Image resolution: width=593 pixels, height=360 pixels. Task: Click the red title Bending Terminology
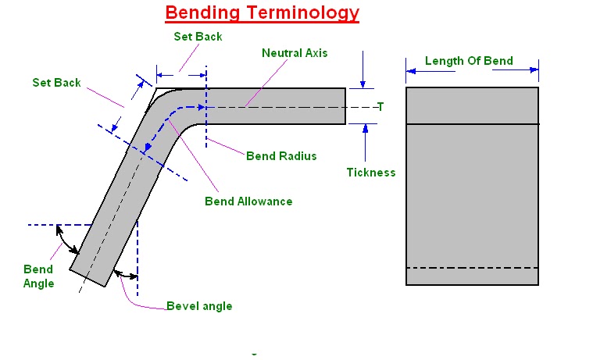(x=263, y=13)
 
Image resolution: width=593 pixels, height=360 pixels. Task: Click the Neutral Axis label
(x=295, y=54)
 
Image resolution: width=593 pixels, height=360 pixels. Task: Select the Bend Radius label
(x=281, y=155)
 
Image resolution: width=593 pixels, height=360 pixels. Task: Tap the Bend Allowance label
(x=248, y=201)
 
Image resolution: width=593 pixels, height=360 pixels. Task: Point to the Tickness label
(x=371, y=173)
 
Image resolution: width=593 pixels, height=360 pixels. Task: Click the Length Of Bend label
(x=469, y=62)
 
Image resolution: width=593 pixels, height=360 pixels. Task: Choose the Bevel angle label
(x=199, y=305)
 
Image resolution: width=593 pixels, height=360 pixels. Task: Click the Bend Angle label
(x=38, y=276)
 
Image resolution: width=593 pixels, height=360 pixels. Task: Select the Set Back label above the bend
(x=198, y=37)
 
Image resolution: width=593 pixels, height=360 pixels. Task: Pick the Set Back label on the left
(x=56, y=83)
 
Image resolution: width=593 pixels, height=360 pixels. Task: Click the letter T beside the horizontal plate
(x=380, y=107)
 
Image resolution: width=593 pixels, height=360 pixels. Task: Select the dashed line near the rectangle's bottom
(x=472, y=268)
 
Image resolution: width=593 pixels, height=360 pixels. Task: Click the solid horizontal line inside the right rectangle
(x=472, y=124)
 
